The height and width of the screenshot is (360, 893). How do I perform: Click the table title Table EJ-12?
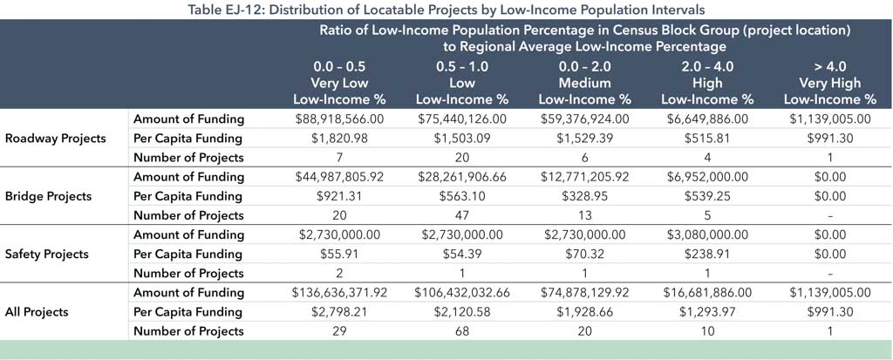(446, 10)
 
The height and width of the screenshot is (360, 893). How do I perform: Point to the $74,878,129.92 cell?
(596, 292)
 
